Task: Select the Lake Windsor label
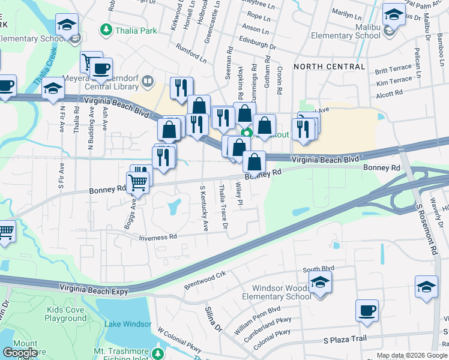click(x=128, y=324)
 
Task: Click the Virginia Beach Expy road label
click(x=94, y=289)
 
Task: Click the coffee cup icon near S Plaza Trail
click(x=367, y=311)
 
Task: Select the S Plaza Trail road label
click(x=345, y=339)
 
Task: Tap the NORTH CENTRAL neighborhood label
click(x=329, y=66)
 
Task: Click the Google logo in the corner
click(x=20, y=353)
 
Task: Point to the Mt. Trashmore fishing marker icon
click(x=157, y=353)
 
